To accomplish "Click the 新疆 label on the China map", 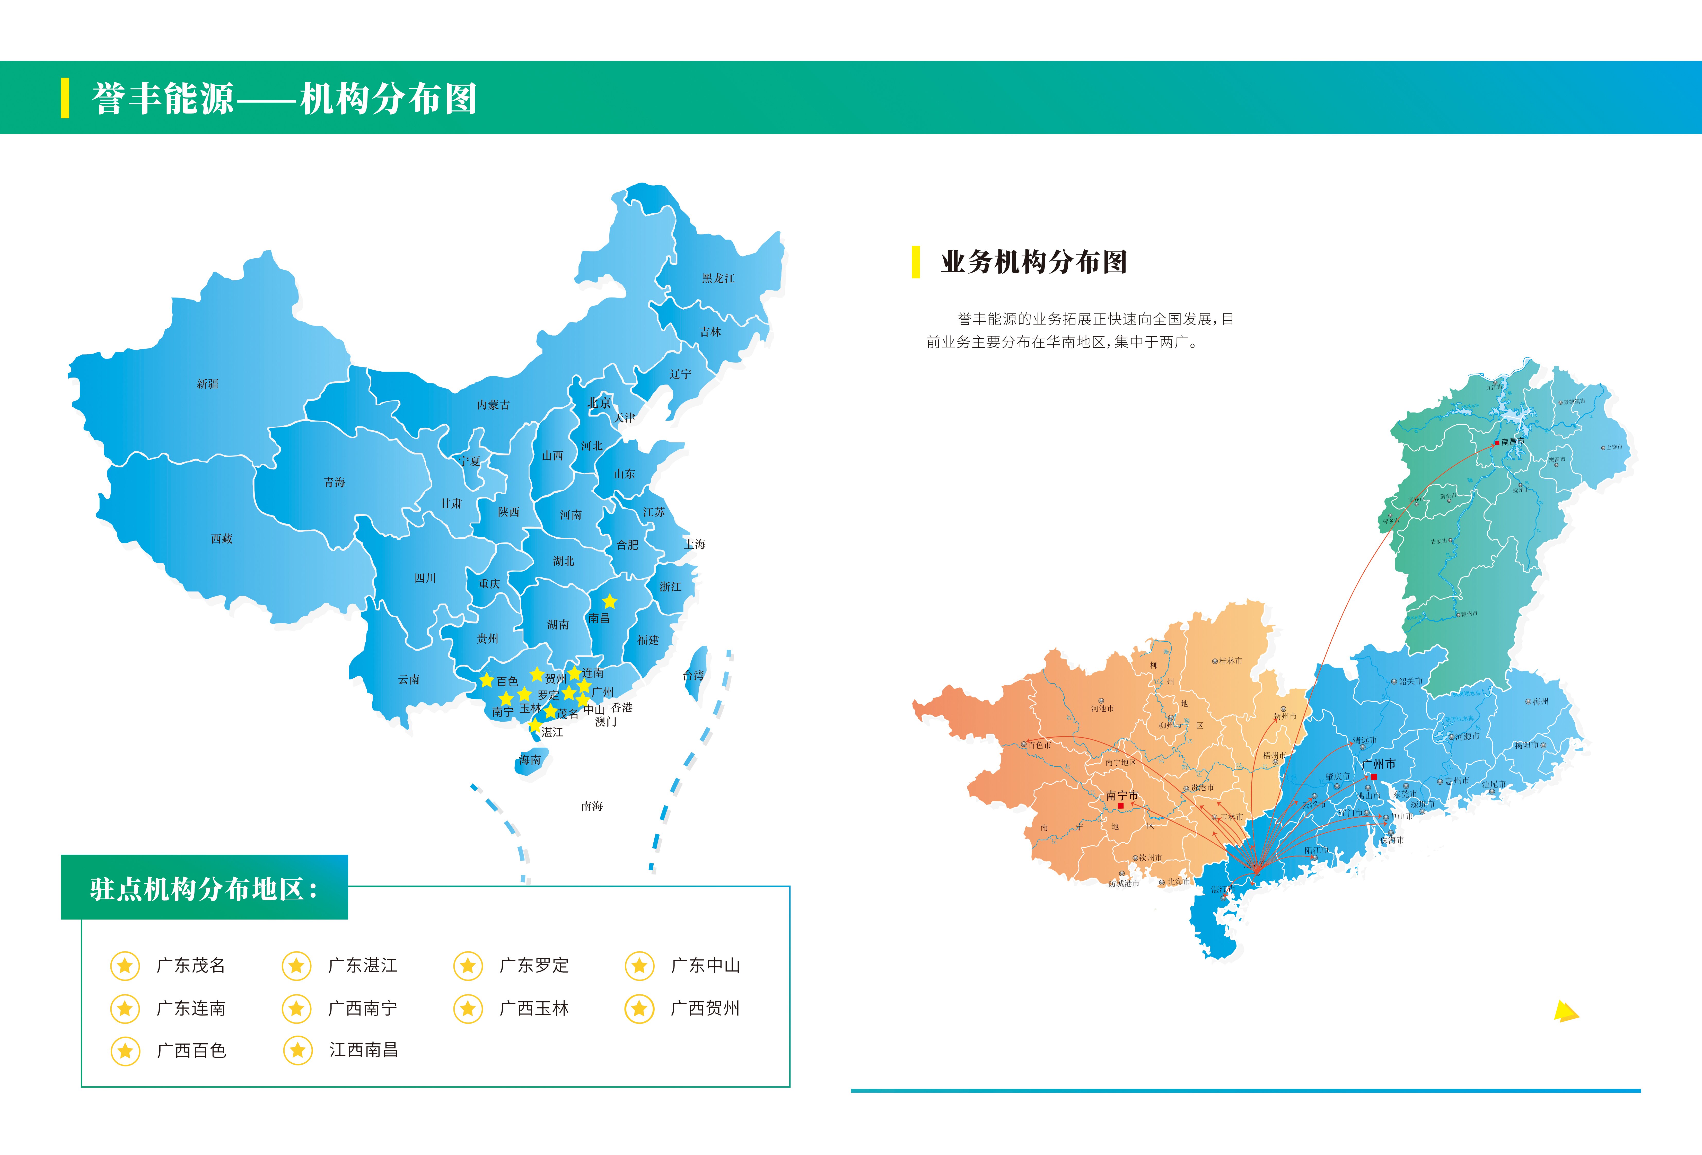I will point(207,384).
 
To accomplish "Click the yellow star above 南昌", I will point(609,601).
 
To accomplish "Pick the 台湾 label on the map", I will point(693,675).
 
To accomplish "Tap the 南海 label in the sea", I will point(592,806).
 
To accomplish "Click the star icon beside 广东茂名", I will point(125,965).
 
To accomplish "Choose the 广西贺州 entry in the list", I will point(705,1009).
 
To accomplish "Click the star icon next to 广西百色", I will point(125,1051).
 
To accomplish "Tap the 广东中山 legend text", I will point(705,965).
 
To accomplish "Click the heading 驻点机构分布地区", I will point(204,888).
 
